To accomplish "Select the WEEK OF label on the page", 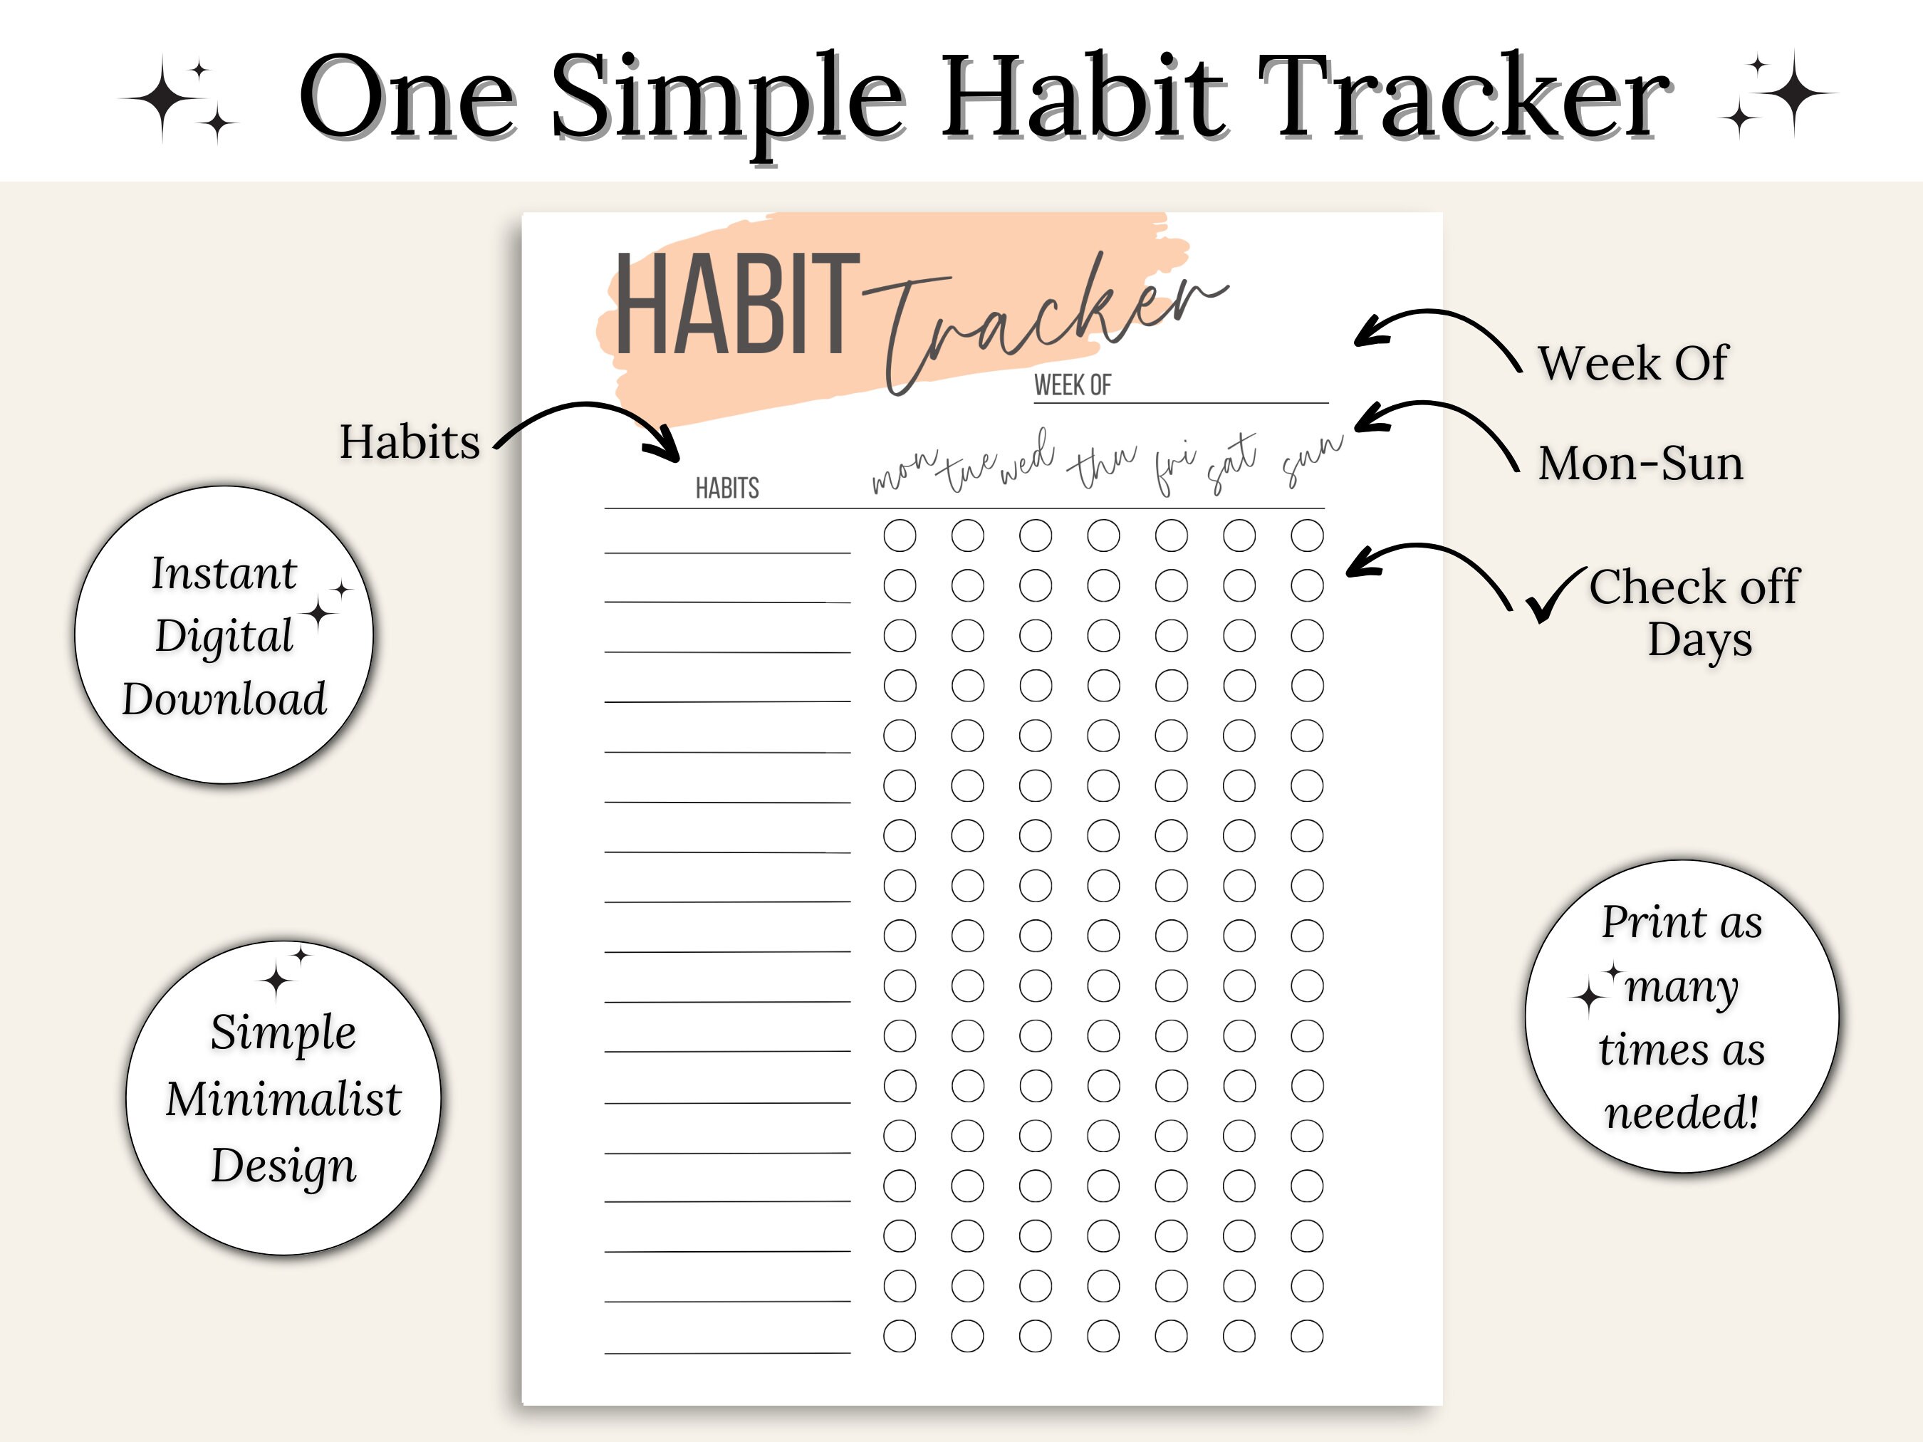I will click(x=1072, y=385).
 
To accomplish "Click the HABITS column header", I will click(x=726, y=488).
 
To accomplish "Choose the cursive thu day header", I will click(x=1102, y=465).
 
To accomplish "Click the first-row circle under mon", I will click(x=900, y=535).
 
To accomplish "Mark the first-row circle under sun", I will click(x=1307, y=535).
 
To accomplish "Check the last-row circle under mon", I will click(x=900, y=1336).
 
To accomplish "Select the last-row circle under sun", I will click(x=1307, y=1336).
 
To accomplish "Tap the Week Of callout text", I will click(x=1632, y=362).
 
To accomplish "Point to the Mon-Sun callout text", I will click(x=1640, y=464).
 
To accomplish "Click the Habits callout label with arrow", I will click(x=410, y=442).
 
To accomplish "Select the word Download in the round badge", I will click(x=224, y=699).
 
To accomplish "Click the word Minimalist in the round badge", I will click(x=283, y=1099).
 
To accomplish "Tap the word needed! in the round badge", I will click(x=1682, y=1112).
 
